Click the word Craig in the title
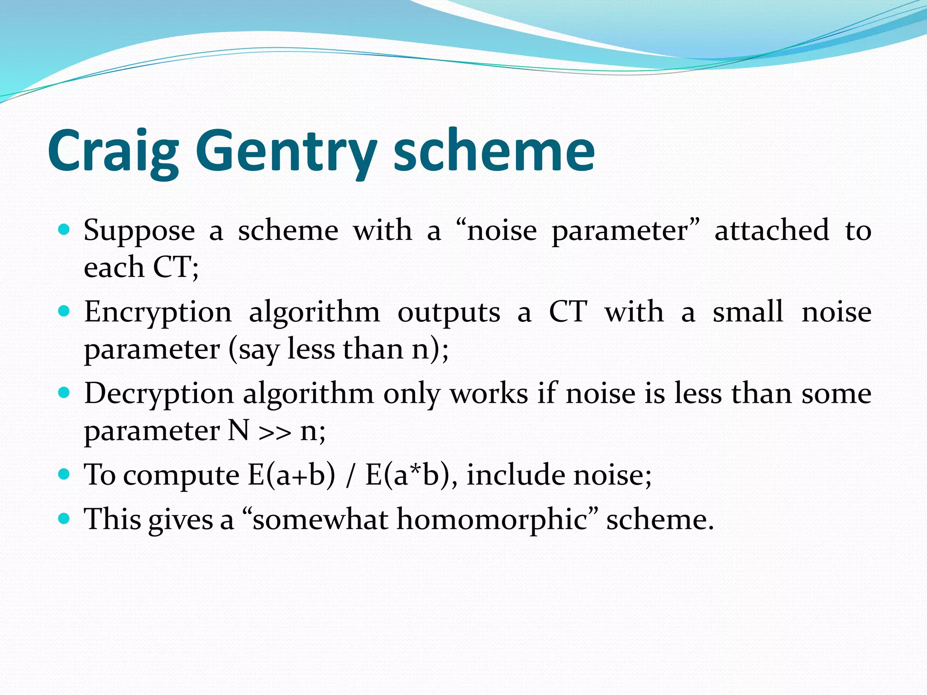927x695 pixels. (113, 152)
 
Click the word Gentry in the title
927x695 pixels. (286, 152)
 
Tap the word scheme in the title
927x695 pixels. (494, 152)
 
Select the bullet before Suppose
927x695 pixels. (64, 230)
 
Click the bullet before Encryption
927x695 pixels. (64, 311)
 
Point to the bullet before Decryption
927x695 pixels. (64, 393)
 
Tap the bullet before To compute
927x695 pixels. (64, 474)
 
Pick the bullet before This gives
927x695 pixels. (64, 518)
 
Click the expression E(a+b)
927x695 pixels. (291, 475)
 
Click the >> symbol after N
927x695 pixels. (275, 433)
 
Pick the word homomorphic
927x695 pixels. (492, 519)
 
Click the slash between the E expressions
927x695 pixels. (350, 476)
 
